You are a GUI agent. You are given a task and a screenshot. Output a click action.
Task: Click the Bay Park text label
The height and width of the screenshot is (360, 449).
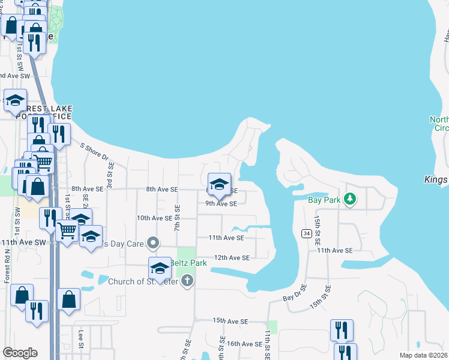[x=324, y=200]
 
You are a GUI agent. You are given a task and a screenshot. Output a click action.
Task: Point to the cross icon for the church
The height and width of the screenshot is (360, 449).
[x=187, y=281]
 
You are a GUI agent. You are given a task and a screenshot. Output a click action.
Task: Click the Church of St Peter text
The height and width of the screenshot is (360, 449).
[x=143, y=281]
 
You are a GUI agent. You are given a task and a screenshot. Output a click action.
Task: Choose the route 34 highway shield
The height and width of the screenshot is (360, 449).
[x=306, y=233]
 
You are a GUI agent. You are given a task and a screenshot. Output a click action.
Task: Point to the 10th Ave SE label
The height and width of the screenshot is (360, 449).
[x=155, y=218]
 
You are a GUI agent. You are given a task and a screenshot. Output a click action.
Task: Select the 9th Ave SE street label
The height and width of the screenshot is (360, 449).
[x=221, y=203]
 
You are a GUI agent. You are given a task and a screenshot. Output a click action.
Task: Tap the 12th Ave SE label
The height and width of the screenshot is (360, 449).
[x=232, y=258]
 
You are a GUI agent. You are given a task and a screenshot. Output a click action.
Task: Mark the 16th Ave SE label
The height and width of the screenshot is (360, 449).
[x=244, y=344]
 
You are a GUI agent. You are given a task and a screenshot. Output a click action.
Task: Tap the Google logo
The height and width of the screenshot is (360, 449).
[x=20, y=353]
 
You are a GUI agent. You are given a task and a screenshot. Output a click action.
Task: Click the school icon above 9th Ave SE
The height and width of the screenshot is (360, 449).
[x=219, y=185]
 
